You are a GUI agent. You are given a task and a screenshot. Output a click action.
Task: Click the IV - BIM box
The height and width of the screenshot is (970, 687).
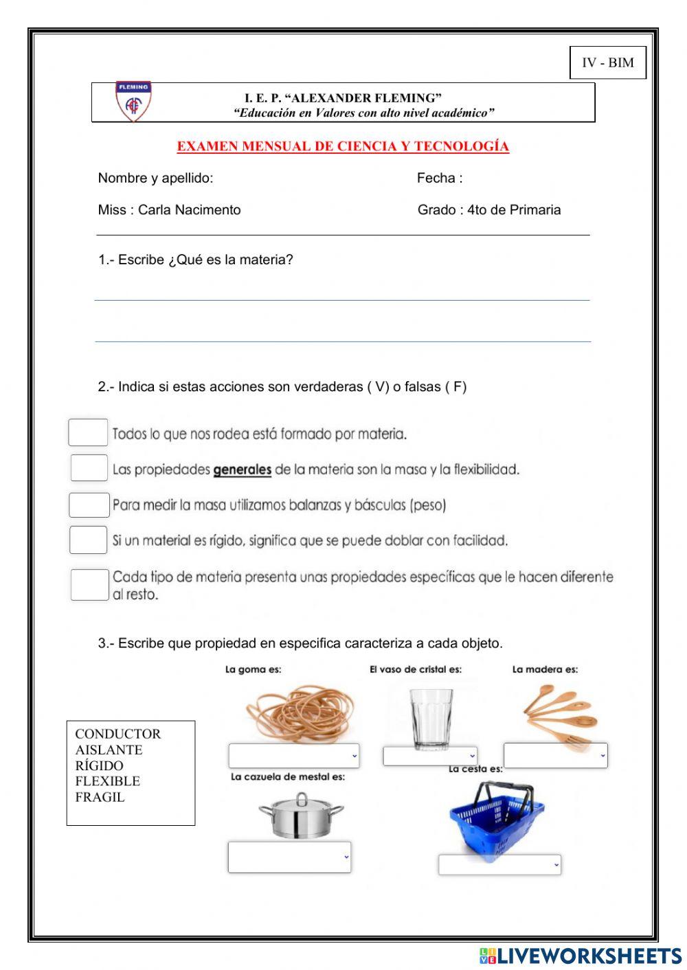coord(608,62)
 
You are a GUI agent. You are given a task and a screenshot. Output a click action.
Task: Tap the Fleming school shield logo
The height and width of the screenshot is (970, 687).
coord(133,102)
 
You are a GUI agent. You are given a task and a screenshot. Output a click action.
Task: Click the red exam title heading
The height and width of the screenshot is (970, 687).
coord(343,146)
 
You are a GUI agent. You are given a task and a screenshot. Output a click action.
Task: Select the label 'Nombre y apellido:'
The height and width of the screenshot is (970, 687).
coord(155,178)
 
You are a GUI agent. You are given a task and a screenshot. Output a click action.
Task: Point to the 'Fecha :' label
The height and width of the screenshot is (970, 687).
coord(439,178)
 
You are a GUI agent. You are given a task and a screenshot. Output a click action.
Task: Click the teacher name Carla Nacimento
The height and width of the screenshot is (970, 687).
coord(189,210)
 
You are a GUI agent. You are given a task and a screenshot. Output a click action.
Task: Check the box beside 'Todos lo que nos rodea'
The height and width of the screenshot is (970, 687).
coord(88,432)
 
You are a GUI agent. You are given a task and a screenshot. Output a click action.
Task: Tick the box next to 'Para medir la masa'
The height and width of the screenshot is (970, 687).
coord(89,505)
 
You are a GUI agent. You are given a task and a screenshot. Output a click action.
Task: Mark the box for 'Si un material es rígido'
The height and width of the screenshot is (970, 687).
coord(88,540)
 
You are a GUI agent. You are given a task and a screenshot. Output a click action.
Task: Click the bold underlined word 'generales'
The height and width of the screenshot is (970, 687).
coord(242,470)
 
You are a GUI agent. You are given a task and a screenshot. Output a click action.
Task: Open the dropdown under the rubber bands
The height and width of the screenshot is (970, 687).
coord(293,755)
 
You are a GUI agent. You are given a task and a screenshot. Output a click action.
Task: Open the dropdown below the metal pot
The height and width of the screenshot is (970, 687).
coord(289,857)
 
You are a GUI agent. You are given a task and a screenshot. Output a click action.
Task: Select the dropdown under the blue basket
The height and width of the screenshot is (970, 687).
coord(499,864)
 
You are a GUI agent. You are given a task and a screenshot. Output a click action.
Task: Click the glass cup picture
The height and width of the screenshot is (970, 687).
coord(431,717)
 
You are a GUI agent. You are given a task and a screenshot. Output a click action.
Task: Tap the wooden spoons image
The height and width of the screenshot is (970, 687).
coord(559,714)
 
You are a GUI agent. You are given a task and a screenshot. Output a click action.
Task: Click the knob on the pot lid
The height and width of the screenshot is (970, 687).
coord(302,798)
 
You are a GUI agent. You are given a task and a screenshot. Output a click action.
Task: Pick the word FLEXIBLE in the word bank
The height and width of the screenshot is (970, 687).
coord(107,781)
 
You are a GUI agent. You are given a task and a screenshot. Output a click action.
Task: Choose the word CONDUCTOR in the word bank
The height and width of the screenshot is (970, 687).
coord(117,734)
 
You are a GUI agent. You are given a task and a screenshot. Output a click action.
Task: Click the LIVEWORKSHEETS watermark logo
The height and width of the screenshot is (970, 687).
coord(581,956)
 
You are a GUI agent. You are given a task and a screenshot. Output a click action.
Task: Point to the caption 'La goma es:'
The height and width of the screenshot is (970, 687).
coord(253,669)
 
